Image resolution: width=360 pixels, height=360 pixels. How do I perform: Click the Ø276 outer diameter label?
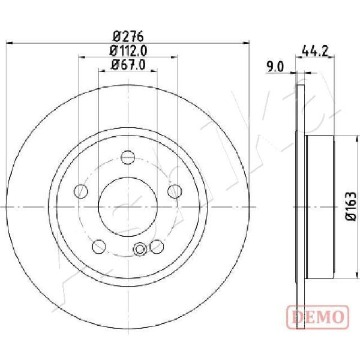click(128, 36)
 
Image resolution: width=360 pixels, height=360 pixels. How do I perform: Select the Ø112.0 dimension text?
click(128, 51)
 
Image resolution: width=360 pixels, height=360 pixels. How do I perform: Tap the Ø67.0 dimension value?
click(128, 65)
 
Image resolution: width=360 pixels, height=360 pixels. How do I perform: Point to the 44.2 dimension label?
click(314, 51)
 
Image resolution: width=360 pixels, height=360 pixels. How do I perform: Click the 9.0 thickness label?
click(275, 67)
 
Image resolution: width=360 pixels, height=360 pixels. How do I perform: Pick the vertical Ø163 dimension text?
click(351, 206)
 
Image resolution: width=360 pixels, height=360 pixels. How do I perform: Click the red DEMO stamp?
click(318, 317)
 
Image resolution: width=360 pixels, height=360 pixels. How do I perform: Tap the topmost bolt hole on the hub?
click(128, 157)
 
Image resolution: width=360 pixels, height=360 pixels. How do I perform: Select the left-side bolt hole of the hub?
click(81, 191)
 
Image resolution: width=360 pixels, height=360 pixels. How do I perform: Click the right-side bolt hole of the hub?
click(175, 191)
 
